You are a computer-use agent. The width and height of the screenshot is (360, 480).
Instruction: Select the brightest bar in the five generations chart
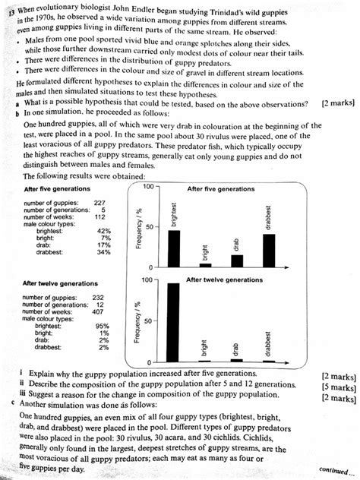pos(175,248)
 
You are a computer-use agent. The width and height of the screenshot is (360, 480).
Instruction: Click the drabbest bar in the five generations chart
pos(267,250)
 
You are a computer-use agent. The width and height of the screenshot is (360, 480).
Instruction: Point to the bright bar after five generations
pos(205,264)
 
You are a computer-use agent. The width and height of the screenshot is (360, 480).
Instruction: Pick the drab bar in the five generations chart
pos(236,261)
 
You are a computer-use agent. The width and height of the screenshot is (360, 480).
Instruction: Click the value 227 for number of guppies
pos(99,202)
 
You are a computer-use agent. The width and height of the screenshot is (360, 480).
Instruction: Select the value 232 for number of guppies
pos(98,298)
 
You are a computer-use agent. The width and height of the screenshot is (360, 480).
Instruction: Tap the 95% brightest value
pos(103,326)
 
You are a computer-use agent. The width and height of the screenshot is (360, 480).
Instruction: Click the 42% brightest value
pos(104,230)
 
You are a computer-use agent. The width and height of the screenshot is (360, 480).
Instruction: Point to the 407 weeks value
pos(98,312)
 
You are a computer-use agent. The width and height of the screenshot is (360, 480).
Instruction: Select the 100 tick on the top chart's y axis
pos(147,187)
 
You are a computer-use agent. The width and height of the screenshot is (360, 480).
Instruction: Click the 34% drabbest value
pos(104,251)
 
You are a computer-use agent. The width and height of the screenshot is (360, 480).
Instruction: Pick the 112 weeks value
pos(99,216)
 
